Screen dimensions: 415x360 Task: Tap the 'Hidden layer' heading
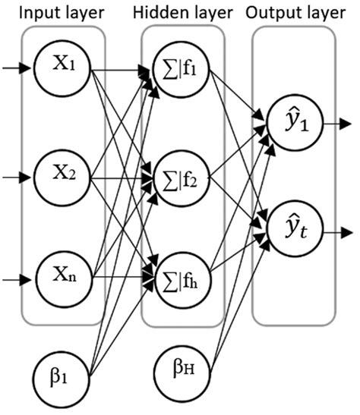point(180,13)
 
